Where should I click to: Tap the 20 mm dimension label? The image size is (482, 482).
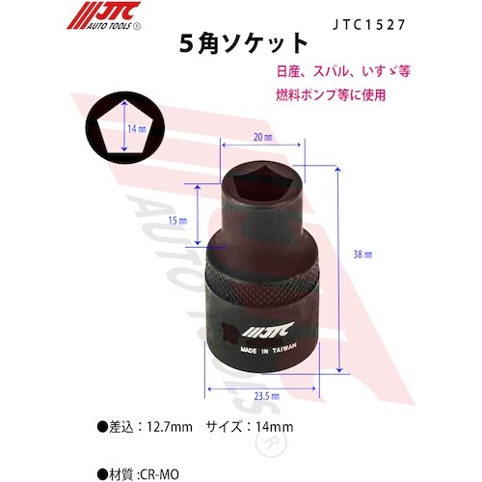click(256, 138)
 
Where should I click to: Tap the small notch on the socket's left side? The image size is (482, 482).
click(217, 334)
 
